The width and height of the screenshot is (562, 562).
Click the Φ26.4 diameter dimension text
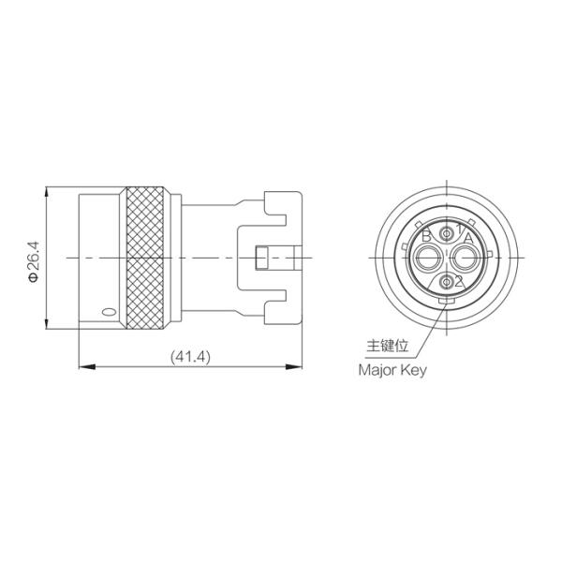pyautogui.click(x=34, y=261)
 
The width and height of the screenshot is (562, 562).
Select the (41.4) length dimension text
pyautogui.click(x=190, y=357)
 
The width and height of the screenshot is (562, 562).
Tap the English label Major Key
pyautogui.click(x=392, y=370)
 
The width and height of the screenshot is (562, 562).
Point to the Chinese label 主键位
pyautogui.click(x=388, y=346)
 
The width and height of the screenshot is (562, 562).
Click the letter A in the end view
pyautogui.click(x=468, y=238)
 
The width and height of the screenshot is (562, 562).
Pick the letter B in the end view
pyautogui.click(x=426, y=236)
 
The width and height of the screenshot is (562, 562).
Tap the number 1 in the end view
pyautogui.click(x=459, y=229)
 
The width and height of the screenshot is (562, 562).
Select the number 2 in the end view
pyautogui.click(x=459, y=281)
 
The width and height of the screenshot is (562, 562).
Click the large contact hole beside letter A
pyautogui.click(x=466, y=258)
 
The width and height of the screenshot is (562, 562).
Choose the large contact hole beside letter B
pyautogui.click(x=427, y=258)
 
